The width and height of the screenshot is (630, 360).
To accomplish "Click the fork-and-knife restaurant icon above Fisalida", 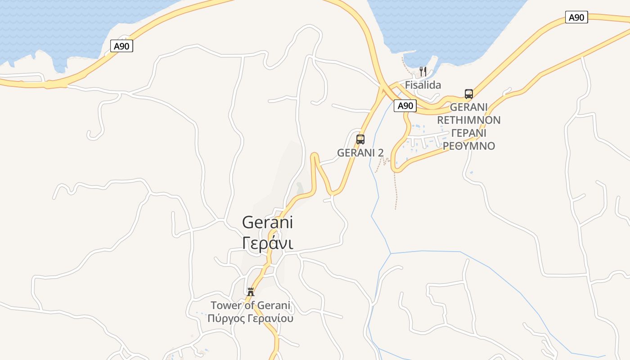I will [x=423, y=71].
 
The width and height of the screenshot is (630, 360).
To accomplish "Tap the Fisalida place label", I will [x=423, y=85].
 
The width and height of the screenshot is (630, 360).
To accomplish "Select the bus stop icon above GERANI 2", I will [x=360, y=139].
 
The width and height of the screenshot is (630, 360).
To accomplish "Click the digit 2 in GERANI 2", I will [x=381, y=153].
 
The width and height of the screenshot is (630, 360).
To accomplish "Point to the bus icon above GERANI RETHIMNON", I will [x=469, y=94].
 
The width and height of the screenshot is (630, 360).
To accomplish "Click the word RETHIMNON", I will [x=468, y=120].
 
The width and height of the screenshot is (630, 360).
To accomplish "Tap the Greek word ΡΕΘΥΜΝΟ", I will [x=468, y=146].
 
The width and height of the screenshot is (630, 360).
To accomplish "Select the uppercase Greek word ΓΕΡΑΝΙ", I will [x=468, y=133].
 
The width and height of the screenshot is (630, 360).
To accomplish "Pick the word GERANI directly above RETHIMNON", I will [x=468, y=107].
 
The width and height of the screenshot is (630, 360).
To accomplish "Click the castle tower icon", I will [x=251, y=292].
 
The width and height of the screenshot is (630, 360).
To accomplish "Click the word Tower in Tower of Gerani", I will [x=225, y=306].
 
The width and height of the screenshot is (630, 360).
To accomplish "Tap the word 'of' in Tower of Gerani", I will [x=250, y=306].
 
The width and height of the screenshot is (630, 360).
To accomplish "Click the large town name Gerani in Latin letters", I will [x=267, y=222].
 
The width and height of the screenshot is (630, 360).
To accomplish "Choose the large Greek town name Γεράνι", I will [x=267, y=243].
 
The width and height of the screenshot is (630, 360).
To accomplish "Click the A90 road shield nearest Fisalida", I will [x=405, y=106].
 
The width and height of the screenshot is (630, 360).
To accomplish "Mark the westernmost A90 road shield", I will [x=121, y=45].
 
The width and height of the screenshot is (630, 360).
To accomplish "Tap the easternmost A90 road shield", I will [x=576, y=18].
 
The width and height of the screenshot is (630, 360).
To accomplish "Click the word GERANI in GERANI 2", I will [x=356, y=153].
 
